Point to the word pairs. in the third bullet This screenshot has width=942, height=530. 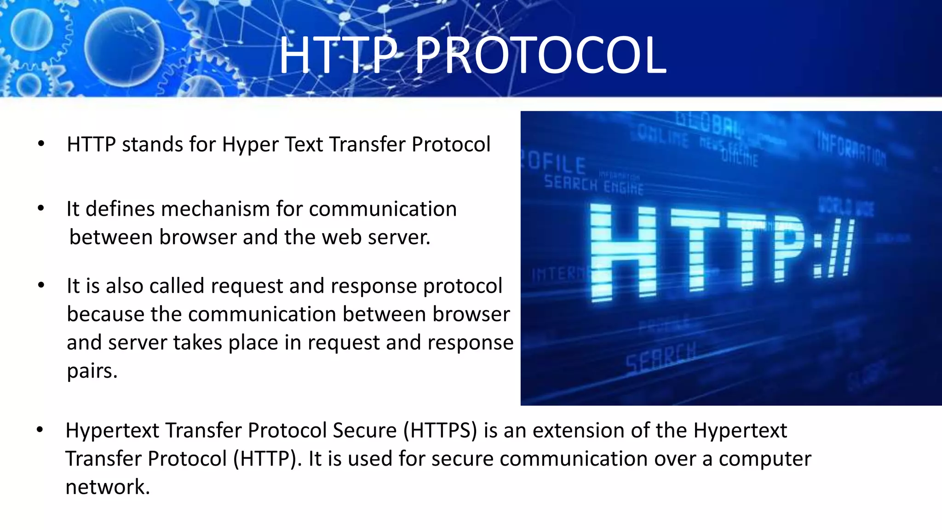pyautogui.click(x=92, y=371)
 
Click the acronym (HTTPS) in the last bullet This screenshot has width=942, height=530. pyautogui.click(x=440, y=431)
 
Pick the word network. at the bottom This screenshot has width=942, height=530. pyautogui.click(x=108, y=487)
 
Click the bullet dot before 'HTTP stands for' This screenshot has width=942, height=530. pyautogui.click(x=41, y=144)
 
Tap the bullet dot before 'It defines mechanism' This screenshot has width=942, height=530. pyautogui.click(x=41, y=208)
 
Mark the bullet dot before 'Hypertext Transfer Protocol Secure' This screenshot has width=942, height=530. pyautogui.click(x=40, y=430)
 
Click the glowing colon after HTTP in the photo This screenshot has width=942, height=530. pyautogui.click(x=818, y=251)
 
